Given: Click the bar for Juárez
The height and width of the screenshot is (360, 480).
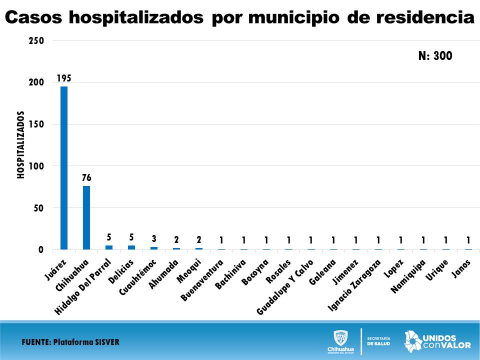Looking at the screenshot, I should (x=64, y=168).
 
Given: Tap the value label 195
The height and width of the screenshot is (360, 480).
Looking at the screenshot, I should (x=64, y=78).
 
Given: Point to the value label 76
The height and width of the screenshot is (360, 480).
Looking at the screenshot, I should (x=86, y=178).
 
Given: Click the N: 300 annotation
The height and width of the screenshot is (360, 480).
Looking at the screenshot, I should (x=435, y=56).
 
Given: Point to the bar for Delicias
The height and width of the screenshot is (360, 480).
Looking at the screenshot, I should (x=131, y=247).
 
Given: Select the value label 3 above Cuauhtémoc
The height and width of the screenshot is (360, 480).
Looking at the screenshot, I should (x=154, y=239).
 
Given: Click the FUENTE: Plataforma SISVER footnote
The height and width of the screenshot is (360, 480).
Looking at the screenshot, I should (x=70, y=342).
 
